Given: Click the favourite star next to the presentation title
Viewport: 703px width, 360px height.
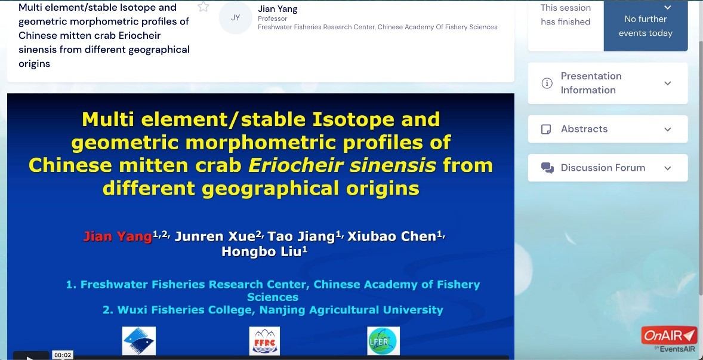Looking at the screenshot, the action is [203, 7].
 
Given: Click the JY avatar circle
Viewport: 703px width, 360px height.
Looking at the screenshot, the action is [235, 18].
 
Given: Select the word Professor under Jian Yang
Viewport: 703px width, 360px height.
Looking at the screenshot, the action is [273, 19].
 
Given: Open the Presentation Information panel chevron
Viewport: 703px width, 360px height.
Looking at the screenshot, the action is [668, 84].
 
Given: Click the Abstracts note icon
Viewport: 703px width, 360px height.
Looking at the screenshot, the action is [546, 129].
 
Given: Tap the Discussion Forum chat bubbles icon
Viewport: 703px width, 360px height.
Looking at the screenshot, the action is [547, 168].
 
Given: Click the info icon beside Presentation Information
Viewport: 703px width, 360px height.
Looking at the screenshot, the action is [547, 84].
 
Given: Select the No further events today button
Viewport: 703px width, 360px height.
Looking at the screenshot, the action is [646, 26].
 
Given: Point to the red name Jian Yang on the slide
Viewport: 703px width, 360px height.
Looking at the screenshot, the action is [118, 236].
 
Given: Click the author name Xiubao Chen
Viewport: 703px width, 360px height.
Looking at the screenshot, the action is [393, 236].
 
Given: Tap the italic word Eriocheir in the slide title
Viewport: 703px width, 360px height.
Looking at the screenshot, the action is [296, 166].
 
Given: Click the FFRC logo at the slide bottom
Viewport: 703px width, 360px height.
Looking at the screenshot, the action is [264, 341].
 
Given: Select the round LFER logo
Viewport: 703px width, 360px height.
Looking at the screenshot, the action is [383, 341].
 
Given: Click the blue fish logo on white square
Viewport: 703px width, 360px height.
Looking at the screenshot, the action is [139, 341].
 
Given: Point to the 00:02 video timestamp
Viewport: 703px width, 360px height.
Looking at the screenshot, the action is [63, 355].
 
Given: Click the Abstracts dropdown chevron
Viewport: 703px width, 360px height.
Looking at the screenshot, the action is [668, 129].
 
